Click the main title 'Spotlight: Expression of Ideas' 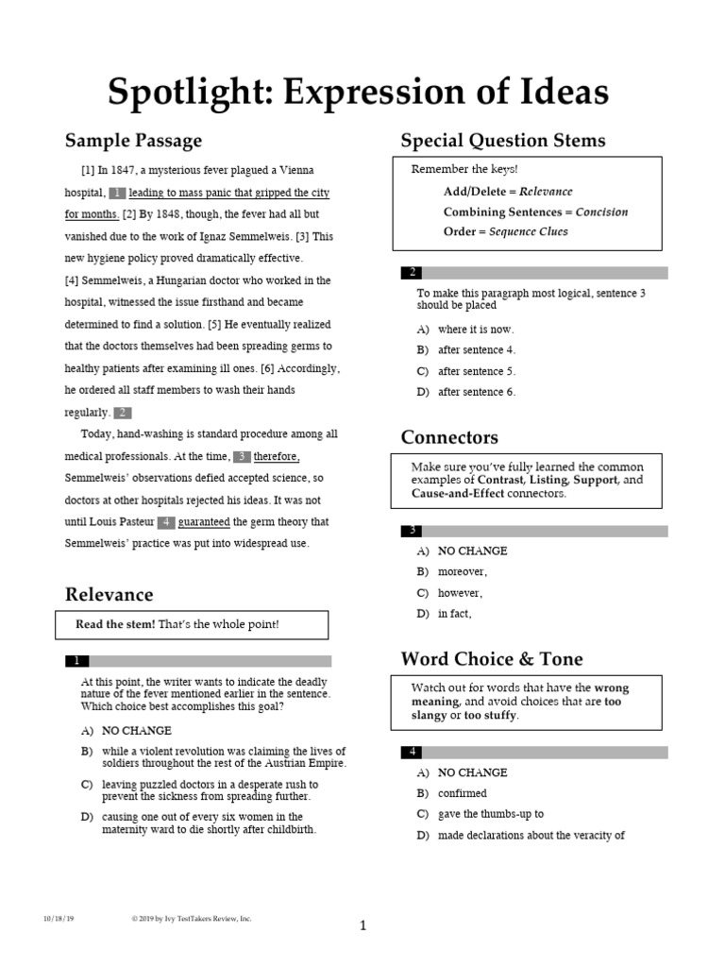(x=358, y=93)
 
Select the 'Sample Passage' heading (x=133, y=142)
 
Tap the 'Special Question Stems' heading (x=502, y=142)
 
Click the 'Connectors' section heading (x=449, y=437)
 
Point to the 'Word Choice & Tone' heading (x=492, y=658)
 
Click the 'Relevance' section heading (x=109, y=594)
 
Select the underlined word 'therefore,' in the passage (x=277, y=456)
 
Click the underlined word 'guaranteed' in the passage (x=205, y=522)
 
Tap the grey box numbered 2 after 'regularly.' (x=122, y=413)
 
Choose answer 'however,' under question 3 (x=460, y=593)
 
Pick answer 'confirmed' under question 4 (x=462, y=793)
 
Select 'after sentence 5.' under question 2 (x=477, y=371)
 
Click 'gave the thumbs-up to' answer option (x=490, y=814)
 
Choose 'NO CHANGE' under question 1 (x=137, y=730)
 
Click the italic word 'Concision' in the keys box (x=601, y=212)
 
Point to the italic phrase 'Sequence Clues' (x=529, y=231)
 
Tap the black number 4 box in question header (x=412, y=752)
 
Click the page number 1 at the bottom (x=362, y=926)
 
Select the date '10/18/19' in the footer (x=59, y=918)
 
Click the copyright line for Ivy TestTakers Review (x=191, y=918)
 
